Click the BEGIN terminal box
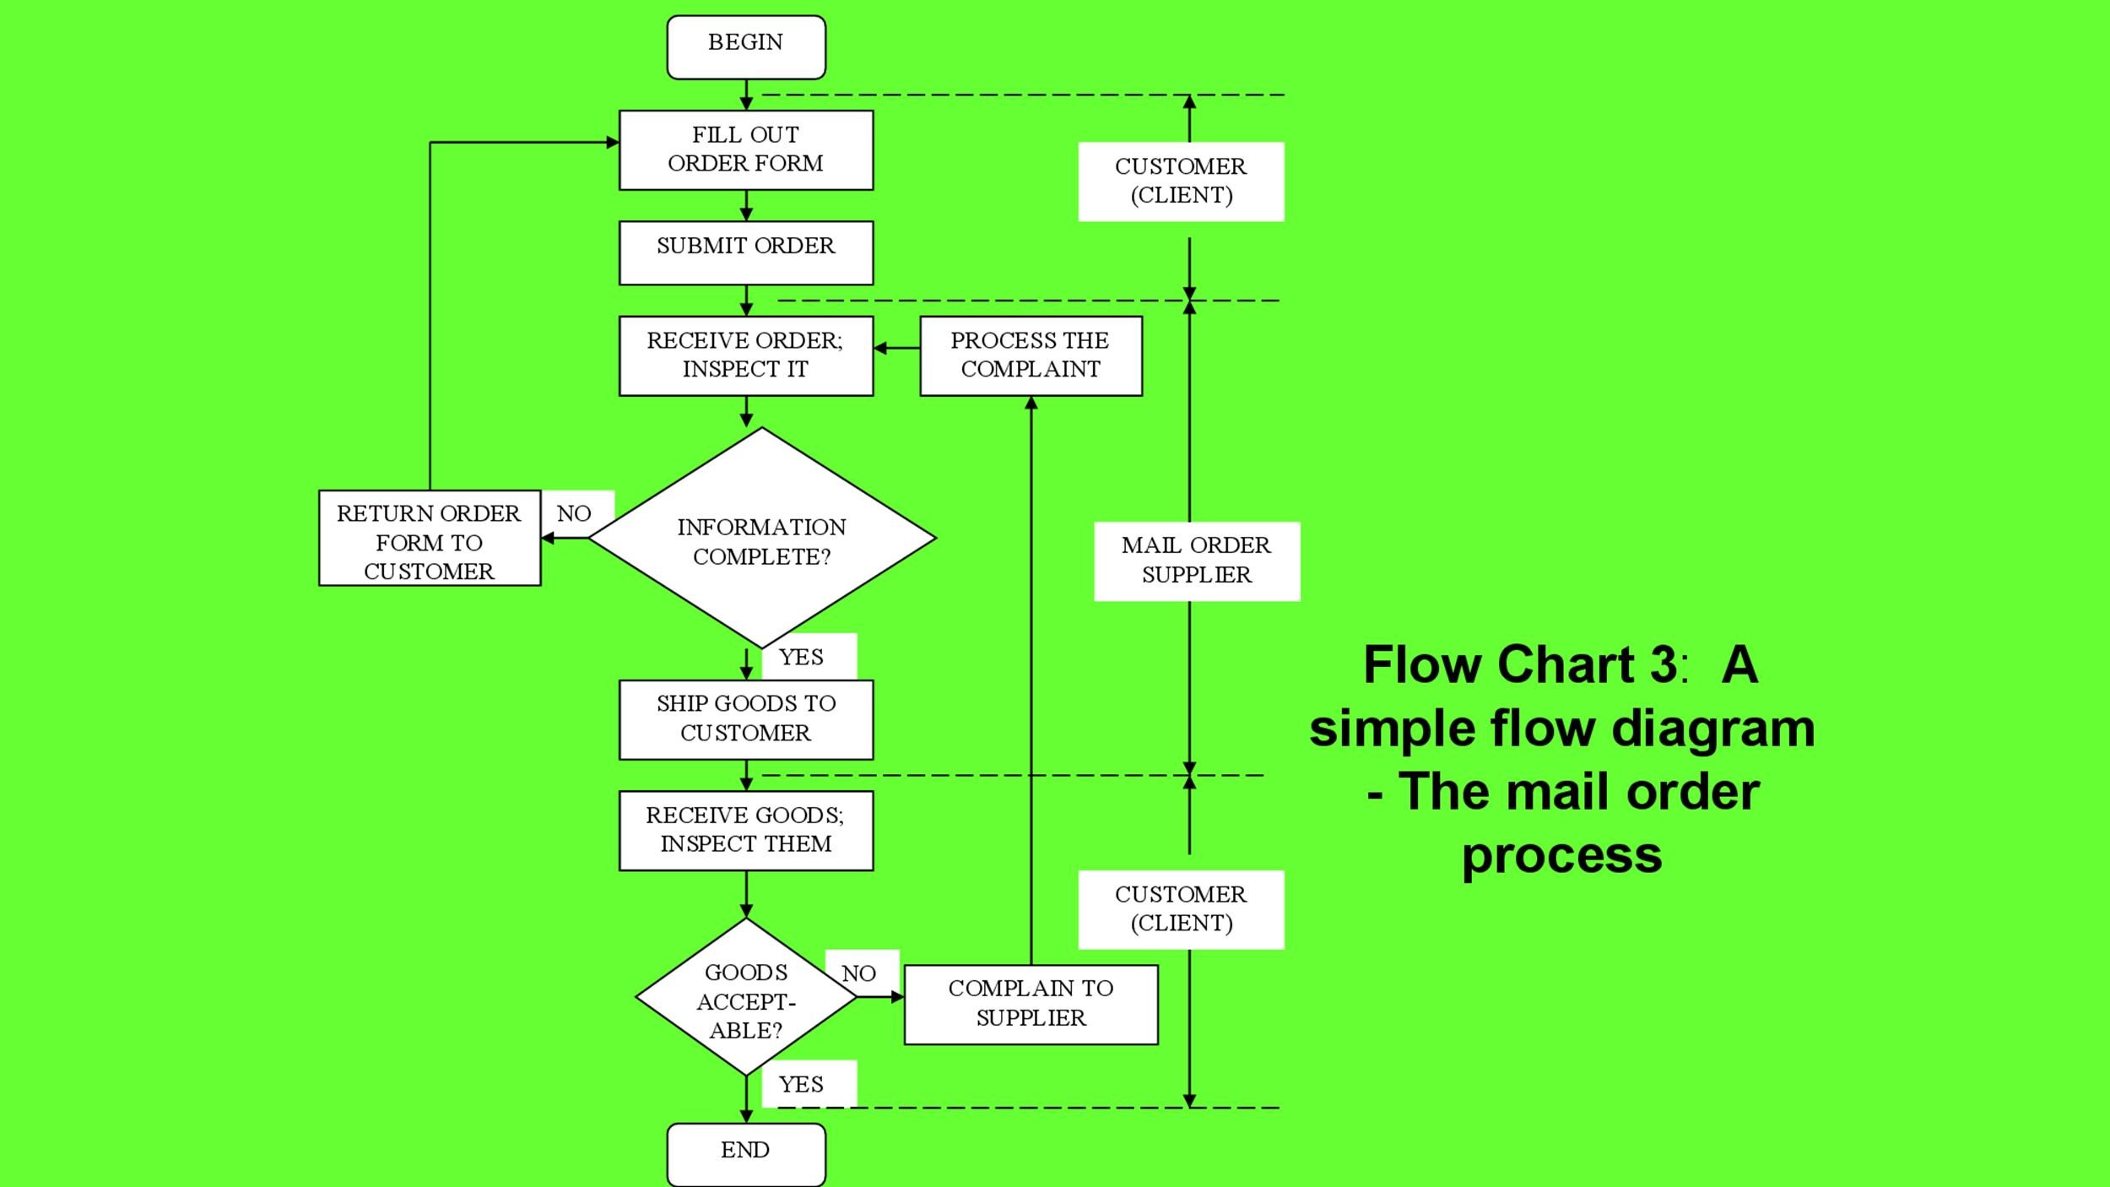746,47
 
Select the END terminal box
746,1154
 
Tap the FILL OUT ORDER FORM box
746,150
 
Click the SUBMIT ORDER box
746,253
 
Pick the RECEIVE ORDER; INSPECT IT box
746,355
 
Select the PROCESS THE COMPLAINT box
1031,355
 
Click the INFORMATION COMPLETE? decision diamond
762,539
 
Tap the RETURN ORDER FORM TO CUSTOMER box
430,539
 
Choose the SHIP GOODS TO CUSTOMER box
746,719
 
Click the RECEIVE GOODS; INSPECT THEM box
746,831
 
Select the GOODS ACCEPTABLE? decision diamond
746,997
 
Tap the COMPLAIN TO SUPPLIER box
1031,1005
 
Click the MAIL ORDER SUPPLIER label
1197,561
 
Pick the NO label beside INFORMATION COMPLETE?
575,513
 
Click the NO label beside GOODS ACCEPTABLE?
859,973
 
